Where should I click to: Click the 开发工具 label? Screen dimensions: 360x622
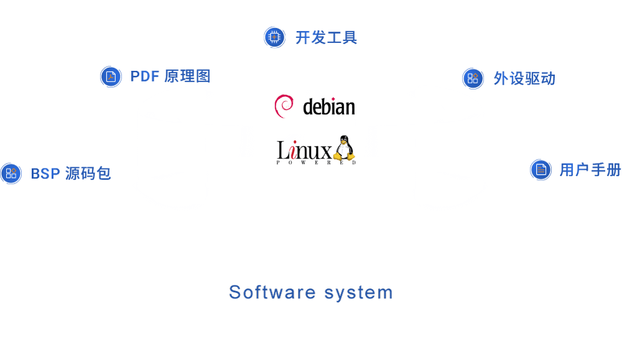click(327, 37)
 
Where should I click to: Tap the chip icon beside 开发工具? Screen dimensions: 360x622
click(274, 37)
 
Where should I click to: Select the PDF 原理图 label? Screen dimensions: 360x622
click(170, 76)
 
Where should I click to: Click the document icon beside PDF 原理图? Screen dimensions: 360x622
click(111, 76)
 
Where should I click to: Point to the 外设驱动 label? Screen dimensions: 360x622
click(524, 78)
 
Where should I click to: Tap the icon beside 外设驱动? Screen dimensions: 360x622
click(473, 78)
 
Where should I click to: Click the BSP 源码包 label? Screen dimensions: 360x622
click(71, 173)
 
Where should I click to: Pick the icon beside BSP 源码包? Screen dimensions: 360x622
click(11, 173)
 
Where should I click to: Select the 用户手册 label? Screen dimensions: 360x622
click(590, 170)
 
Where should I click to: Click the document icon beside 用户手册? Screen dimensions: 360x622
click(541, 170)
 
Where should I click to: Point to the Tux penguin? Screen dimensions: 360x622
click(343, 149)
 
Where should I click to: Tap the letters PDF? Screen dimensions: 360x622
click(144, 76)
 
